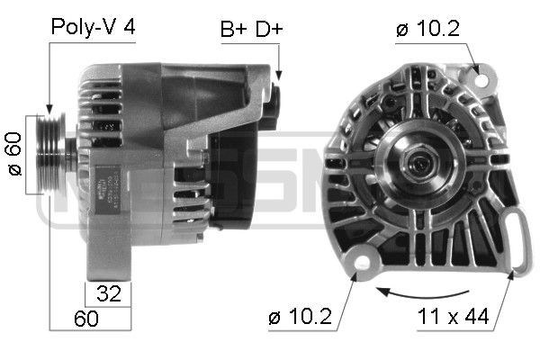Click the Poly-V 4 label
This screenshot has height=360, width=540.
[x=93, y=27]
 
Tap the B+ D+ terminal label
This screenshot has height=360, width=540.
[x=252, y=30]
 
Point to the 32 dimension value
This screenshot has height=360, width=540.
[x=108, y=293]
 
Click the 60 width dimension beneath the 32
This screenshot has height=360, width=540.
[x=86, y=319]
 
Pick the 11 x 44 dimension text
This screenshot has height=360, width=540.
[x=454, y=317]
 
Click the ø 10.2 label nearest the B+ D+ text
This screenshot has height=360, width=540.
[x=427, y=30]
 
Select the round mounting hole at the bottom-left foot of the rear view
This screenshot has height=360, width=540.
[x=364, y=260]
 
